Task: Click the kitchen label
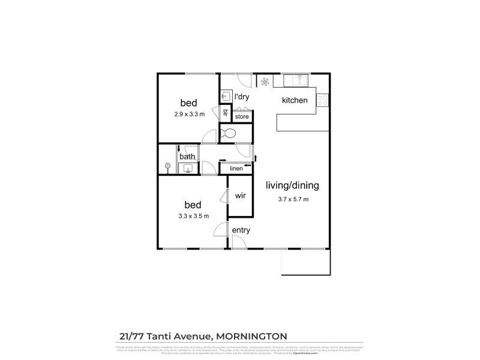[295, 100]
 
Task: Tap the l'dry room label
[242, 97]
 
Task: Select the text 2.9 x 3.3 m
[190, 114]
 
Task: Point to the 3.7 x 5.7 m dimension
[293, 199]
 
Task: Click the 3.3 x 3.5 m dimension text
[193, 216]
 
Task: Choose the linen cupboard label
[236, 169]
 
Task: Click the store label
[242, 116]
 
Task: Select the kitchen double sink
[295, 79]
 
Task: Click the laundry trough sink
[226, 96]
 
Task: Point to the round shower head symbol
[169, 166]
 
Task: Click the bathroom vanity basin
[188, 169]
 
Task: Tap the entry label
[241, 230]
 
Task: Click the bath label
[188, 157]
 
